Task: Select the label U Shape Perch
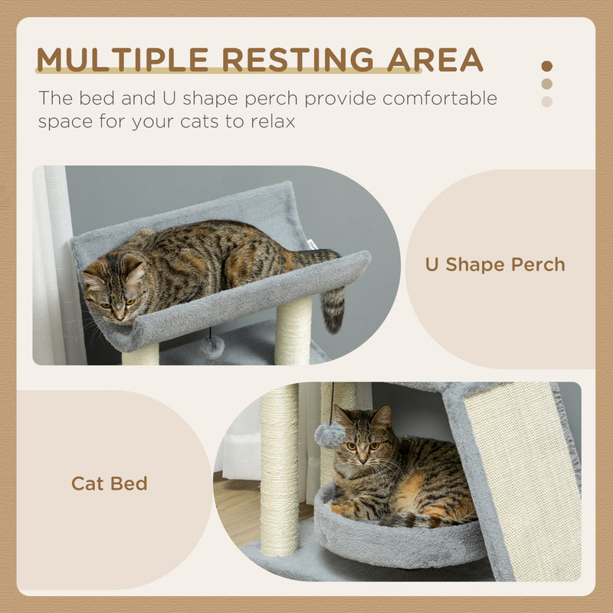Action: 495,265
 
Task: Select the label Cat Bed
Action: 109,484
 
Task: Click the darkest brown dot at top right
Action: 546,67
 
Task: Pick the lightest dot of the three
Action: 546,101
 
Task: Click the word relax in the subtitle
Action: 269,122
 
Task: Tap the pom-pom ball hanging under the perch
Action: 212,348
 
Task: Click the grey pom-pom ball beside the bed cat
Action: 329,435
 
